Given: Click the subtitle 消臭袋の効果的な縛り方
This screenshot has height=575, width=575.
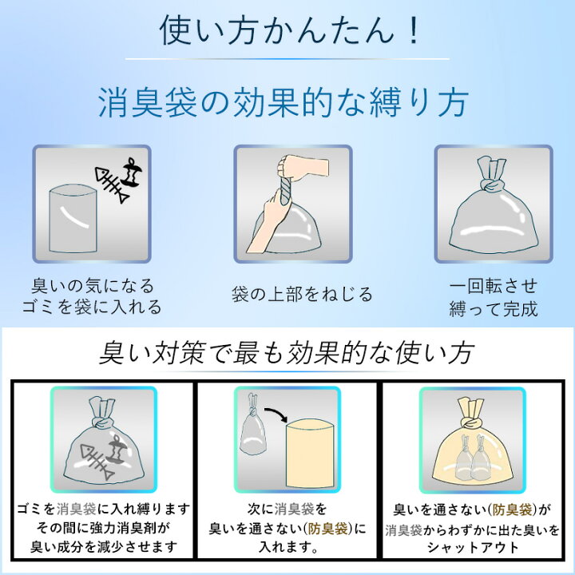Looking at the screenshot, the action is tap(283, 102).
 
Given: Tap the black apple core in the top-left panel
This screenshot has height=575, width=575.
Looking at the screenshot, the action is tap(132, 172).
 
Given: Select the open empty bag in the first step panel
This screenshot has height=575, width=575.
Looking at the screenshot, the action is tap(73, 219).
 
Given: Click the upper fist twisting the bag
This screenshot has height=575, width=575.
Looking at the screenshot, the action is tap(301, 167).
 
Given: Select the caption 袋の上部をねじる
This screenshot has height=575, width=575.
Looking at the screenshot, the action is tap(302, 294).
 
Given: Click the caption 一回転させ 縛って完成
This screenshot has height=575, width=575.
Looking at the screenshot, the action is tap(494, 297).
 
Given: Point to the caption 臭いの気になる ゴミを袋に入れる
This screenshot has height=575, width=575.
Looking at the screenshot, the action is tap(92, 296).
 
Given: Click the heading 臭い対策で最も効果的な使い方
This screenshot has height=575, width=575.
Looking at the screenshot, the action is tap(287, 353).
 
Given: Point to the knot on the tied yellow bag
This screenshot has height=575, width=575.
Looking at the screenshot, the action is tap(472, 423).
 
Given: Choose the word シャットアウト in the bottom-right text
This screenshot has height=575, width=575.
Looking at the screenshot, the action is tap(472, 547).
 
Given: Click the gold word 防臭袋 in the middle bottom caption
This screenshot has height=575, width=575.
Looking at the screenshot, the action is tap(328, 529).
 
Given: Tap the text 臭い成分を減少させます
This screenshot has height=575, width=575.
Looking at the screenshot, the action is tap(104, 547).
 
